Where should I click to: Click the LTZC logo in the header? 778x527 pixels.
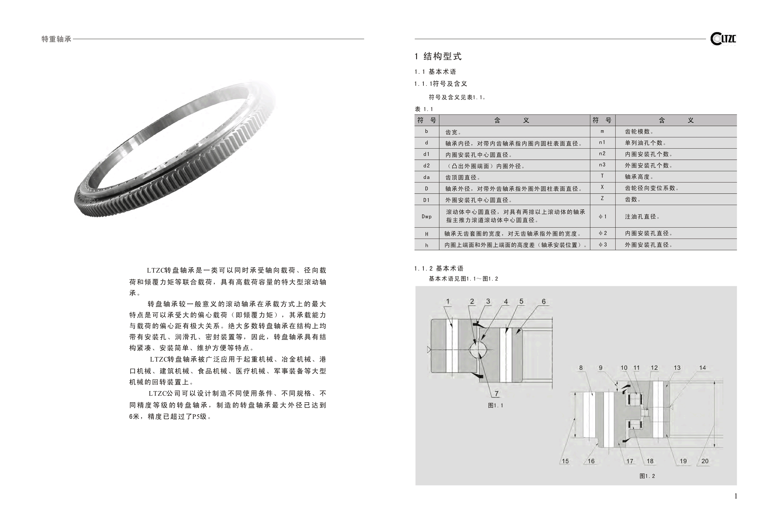pyautogui.click(x=723, y=39)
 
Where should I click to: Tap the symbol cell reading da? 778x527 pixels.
pyautogui.click(x=427, y=177)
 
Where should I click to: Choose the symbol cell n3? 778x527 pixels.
pyautogui.click(x=602, y=165)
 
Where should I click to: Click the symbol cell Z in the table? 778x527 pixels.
pyautogui.click(x=602, y=199)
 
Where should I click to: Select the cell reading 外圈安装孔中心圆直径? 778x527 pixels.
pyautogui.click(x=478, y=200)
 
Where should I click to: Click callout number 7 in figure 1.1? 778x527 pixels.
pyautogui.click(x=496, y=394)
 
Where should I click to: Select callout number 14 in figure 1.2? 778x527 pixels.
pyautogui.click(x=702, y=368)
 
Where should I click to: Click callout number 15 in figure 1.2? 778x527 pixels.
pyautogui.click(x=565, y=461)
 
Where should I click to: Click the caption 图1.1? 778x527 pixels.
pyautogui.click(x=495, y=406)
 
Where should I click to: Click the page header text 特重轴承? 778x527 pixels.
pyautogui.click(x=56, y=39)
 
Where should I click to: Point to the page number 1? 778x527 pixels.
pyautogui.click(x=735, y=496)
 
